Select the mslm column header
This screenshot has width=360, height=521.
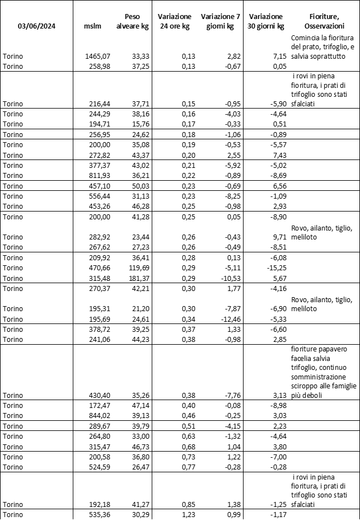[91, 26]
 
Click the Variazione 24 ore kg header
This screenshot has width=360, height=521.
[175, 21]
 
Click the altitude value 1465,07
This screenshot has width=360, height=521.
[99, 57]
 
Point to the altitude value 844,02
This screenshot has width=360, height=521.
[101, 415]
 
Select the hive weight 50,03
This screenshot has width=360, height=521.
[137, 186]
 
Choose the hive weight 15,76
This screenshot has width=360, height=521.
[137, 124]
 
